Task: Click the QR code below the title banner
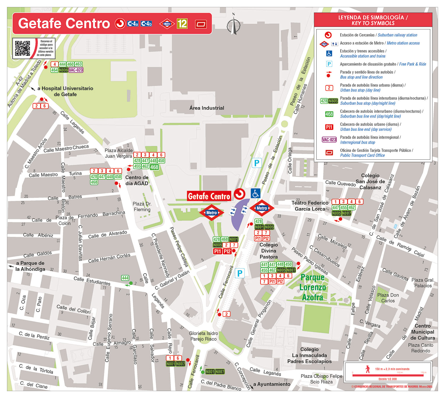(x=23, y=48)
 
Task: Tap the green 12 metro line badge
(x=182, y=24)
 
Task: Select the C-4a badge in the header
(x=133, y=24)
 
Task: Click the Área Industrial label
(x=207, y=108)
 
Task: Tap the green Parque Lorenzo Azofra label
(x=313, y=287)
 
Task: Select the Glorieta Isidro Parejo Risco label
(x=204, y=336)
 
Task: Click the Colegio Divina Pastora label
(x=269, y=251)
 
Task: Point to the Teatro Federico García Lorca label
(x=310, y=206)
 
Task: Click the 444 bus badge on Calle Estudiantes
(x=125, y=278)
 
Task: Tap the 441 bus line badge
(x=264, y=264)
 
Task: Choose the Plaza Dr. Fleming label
(x=142, y=207)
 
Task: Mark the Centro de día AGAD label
(x=137, y=180)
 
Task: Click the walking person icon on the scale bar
(x=368, y=369)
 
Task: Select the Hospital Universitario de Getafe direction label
(x=65, y=91)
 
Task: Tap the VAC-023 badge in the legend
(x=329, y=140)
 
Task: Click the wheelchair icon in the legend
(x=329, y=53)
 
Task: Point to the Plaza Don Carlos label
(x=388, y=298)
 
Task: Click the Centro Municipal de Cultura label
(x=422, y=332)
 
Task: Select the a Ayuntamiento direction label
(x=271, y=384)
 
